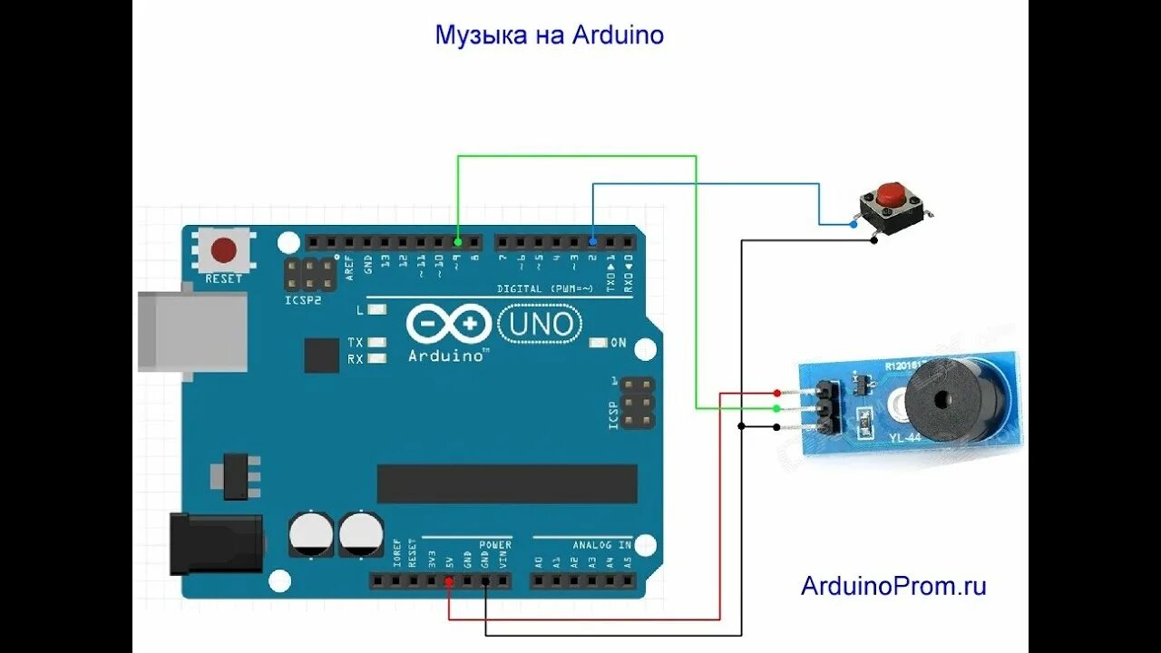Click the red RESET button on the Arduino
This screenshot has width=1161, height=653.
click(223, 249)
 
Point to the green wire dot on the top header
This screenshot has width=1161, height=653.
click(457, 242)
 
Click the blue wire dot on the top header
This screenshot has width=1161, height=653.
click(592, 242)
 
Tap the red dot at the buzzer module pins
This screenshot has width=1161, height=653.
click(777, 393)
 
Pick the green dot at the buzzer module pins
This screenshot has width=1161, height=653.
click(777, 409)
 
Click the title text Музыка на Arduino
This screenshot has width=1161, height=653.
click(550, 35)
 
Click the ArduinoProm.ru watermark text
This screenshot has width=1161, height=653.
click(893, 586)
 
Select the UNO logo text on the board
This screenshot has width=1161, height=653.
click(541, 324)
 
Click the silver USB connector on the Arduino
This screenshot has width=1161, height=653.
click(192, 331)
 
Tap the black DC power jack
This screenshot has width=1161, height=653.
click(216, 543)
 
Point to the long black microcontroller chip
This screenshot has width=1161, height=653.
click(507, 483)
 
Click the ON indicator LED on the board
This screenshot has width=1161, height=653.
click(599, 343)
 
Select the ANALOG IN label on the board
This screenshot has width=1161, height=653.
click(601, 545)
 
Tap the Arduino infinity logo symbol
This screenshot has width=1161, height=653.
click(447, 324)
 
